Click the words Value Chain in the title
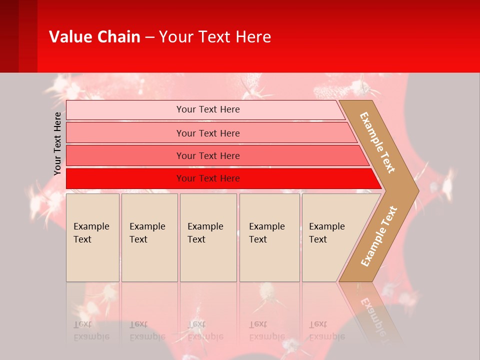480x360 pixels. [x=94, y=37]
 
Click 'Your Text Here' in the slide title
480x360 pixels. [x=215, y=37]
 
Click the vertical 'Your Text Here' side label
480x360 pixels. [x=57, y=143]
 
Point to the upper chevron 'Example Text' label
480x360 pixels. [x=377, y=142]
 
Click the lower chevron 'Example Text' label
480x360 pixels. [x=379, y=236]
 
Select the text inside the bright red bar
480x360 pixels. [x=208, y=178]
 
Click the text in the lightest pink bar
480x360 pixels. [x=208, y=109]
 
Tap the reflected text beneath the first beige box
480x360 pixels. [x=91, y=330]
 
